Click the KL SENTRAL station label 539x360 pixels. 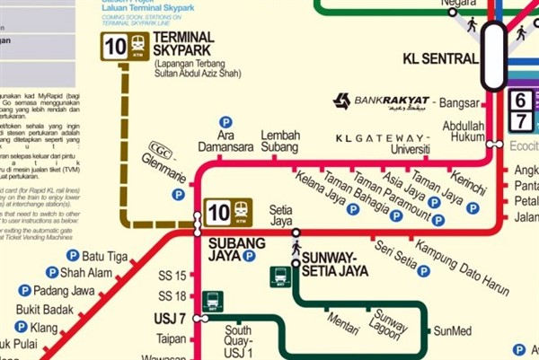click(x=439, y=59)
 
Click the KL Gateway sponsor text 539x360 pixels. click(x=381, y=138)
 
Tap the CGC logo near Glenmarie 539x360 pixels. click(x=161, y=151)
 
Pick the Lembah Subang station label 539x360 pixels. click(x=279, y=142)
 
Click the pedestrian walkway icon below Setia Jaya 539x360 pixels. click(x=296, y=244)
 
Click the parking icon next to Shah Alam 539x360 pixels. click(x=52, y=273)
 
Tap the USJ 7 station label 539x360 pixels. click(x=170, y=318)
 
